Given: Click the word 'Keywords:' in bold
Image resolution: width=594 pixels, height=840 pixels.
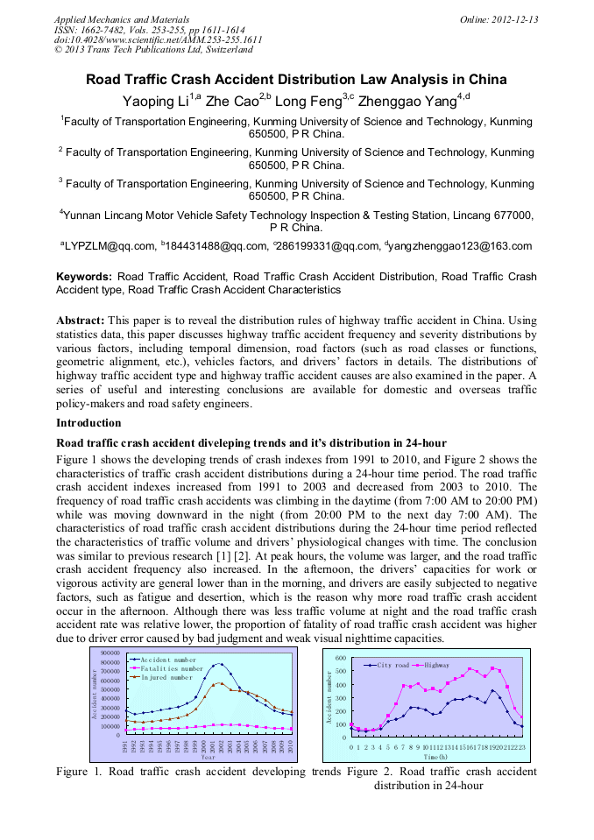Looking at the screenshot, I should click(84, 277).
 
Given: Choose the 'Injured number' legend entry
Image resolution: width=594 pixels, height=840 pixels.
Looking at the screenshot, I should click(166, 677).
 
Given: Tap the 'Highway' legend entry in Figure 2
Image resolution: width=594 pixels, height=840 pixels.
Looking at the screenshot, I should click(436, 666).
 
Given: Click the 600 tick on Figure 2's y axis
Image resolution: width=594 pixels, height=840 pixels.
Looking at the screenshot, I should click(341, 657).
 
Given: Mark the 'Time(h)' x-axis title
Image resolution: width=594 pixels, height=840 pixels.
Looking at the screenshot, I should click(436, 757).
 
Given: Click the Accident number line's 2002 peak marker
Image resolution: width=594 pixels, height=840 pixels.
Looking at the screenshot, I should click(222, 664).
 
